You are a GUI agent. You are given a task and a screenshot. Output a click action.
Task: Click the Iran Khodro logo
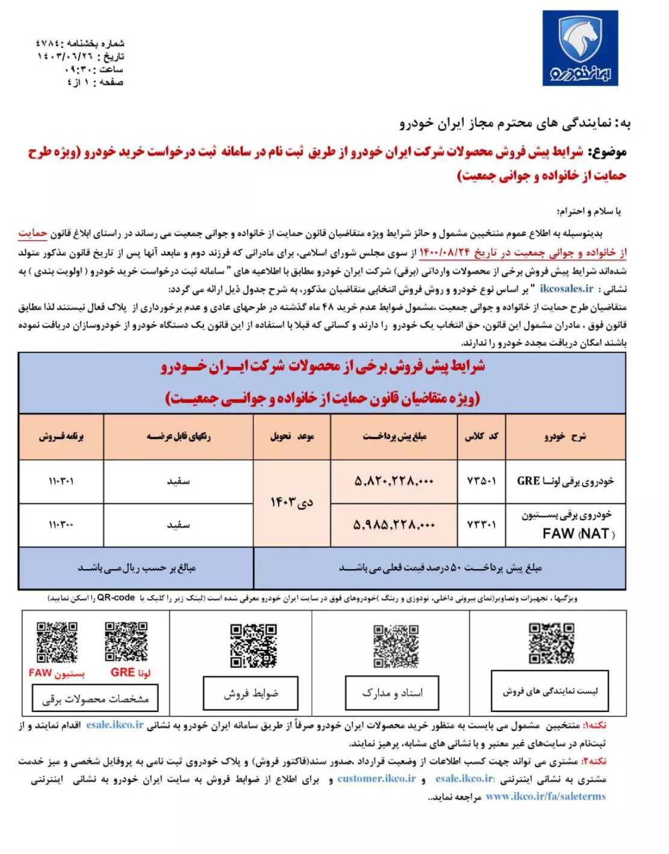pyautogui.click(x=580, y=48)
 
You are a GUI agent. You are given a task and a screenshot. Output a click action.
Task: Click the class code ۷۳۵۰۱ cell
pyautogui.click(x=482, y=481)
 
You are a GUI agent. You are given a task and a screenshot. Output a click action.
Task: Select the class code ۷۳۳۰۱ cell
pyautogui.click(x=482, y=525)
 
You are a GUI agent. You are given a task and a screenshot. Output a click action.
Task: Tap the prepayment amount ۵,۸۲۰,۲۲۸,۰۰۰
pyautogui.click(x=394, y=481)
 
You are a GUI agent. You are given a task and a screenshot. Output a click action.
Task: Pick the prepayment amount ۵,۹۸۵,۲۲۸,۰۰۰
pyautogui.click(x=394, y=525)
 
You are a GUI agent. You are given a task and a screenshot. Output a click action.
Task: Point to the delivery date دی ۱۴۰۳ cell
pyautogui.click(x=291, y=502)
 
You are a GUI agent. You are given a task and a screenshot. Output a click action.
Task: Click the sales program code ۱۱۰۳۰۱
pyautogui.click(x=61, y=481)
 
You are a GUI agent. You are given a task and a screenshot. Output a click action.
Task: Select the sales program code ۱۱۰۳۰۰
pyautogui.click(x=61, y=525)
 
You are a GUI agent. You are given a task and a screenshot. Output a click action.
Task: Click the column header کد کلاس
pyautogui.click(x=482, y=436)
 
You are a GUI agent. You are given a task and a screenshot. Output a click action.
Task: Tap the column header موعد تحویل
pyautogui.click(x=291, y=436)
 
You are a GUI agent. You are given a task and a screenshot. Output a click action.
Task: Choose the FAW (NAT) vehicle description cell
pyautogui.click(x=566, y=525)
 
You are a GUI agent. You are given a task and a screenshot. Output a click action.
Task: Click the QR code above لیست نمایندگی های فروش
pyautogui.click(x=551, y=643)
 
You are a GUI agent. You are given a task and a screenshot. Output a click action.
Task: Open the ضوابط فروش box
pyautogui.click(x=250, y=694)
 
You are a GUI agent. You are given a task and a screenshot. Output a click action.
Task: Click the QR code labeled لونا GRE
pyautogui.click(x=126, y=641)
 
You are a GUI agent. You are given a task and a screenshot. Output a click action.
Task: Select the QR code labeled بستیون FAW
pyautogui.click(x=57, y=641)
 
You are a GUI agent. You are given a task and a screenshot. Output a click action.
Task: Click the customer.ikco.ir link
pyautogui.click(x=376, y=779)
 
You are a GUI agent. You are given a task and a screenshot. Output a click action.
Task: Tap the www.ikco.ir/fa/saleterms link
pyautogui.click(x=546, y=796)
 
